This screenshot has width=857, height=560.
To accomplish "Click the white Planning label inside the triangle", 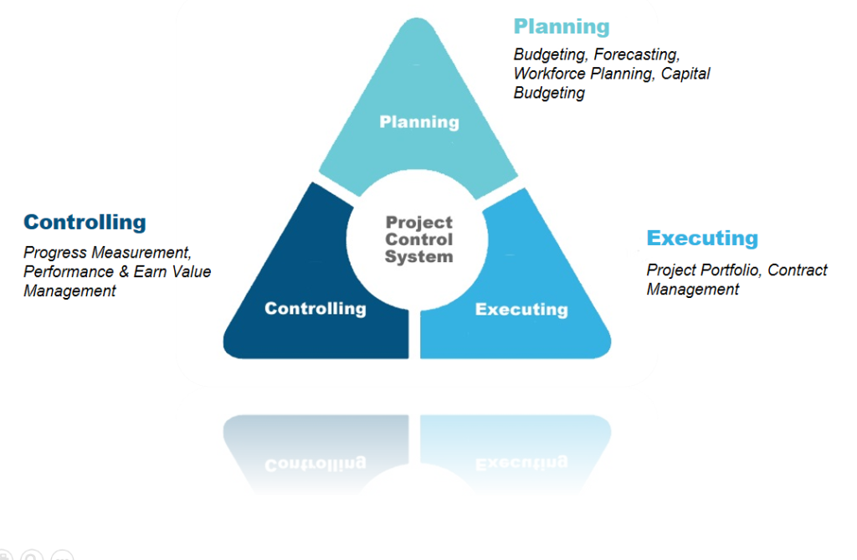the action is (419, 122).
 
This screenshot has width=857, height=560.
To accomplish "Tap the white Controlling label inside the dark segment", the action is (316, 309).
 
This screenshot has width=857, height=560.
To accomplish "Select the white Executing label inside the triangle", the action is (521, 310).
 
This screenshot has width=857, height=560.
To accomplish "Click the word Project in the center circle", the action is (419, 223).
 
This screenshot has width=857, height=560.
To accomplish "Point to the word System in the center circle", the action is (419, 256).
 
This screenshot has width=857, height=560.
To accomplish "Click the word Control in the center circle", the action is (419, 239).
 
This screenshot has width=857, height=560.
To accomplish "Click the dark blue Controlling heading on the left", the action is (85, 223).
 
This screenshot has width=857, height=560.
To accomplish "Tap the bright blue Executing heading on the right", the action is (702, 239).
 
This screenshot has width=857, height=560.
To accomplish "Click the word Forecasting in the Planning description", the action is (637, 55).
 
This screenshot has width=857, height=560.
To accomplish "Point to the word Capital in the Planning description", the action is (685, 74).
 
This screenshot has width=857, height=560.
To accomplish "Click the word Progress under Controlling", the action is (55, 253).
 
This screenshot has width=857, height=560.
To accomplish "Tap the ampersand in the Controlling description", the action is (124, 272).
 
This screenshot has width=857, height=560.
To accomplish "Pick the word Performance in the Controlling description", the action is (69, 272).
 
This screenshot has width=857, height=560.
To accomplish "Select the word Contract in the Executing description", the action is (798, 270).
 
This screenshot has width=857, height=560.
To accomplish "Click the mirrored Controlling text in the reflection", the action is (316, 463).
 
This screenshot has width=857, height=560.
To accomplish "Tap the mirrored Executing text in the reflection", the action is (521, 463).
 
